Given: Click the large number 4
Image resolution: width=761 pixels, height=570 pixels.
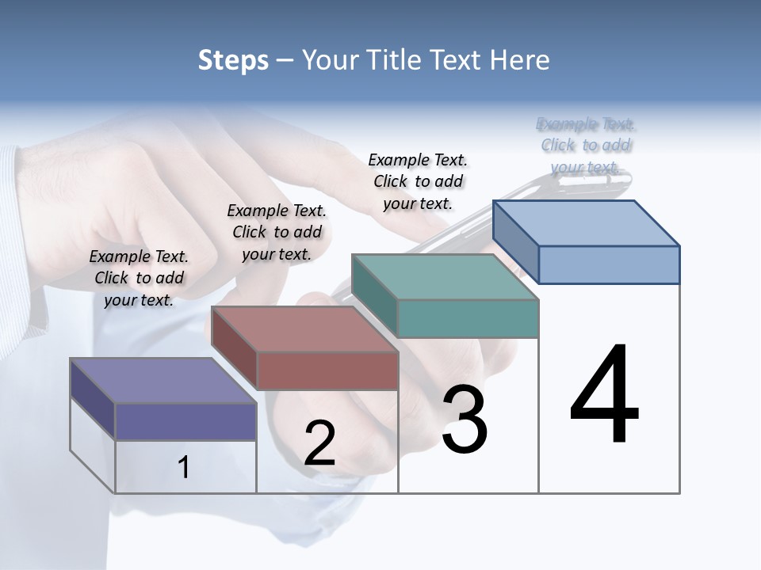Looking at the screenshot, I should (x=604, y=396).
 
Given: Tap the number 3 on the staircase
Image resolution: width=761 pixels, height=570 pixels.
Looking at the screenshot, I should (x=465, y=420).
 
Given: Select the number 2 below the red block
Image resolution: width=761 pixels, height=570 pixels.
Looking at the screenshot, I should (x=319, y=443).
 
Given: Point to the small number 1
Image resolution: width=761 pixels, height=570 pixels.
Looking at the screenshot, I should (x=184, y=468).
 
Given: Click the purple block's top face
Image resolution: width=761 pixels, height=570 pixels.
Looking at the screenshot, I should (x=163, y=381).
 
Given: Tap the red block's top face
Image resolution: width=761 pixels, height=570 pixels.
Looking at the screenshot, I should (x=304, y=329).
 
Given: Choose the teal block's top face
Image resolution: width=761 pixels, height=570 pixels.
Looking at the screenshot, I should (x=445, y=277).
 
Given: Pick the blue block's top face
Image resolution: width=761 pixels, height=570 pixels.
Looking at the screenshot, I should (x=586, y=223).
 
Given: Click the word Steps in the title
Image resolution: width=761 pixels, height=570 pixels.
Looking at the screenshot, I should (x=233, y=60).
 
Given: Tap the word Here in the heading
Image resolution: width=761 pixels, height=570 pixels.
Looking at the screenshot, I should (x=522, y=60).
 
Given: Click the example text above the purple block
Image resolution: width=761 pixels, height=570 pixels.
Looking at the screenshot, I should (x=139, y=278).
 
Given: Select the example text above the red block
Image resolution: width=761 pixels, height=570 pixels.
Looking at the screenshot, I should (x=277, y=232).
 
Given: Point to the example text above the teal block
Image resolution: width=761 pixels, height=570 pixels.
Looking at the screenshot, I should (x=418, y=181).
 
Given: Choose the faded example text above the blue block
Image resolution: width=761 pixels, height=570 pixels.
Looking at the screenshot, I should (x=586, y=145).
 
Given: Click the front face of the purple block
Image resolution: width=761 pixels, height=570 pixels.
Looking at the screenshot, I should (x=185, y=421).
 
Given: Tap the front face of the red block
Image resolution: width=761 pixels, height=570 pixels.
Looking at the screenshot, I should (x=327, y=370).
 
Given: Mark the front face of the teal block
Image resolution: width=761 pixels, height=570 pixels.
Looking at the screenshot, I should (x=468, y=318).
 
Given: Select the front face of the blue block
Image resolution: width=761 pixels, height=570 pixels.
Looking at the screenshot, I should (x=609, y=264).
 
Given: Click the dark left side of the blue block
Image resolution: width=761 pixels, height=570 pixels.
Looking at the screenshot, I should (x=515, y=241).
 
